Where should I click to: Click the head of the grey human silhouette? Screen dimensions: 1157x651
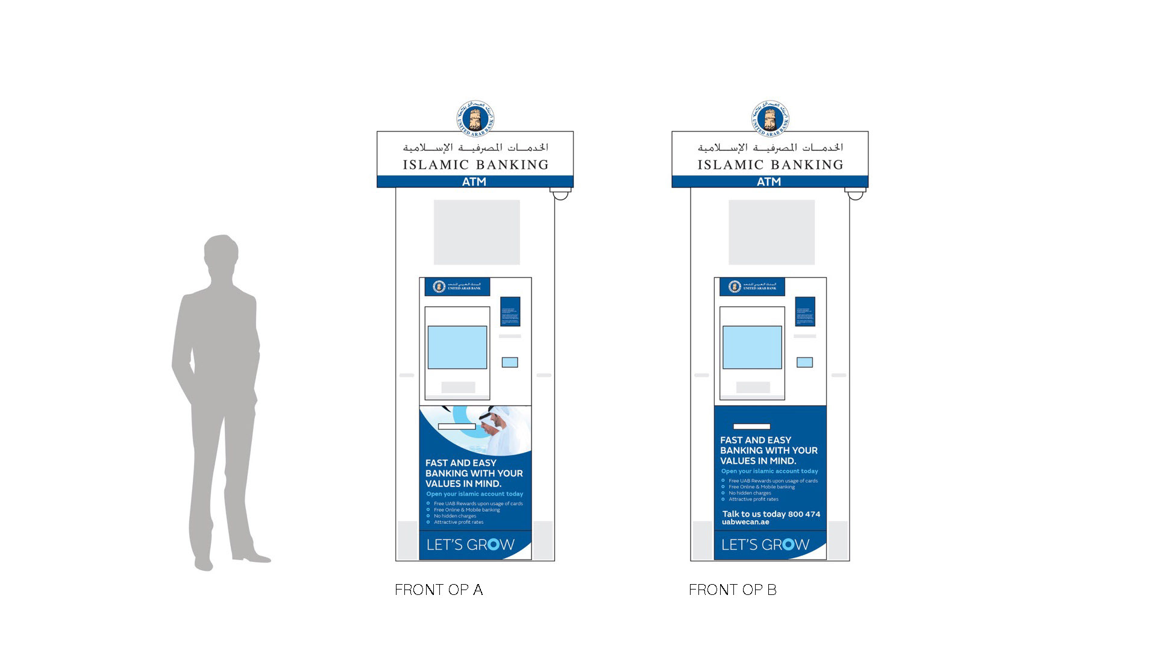(221, 253)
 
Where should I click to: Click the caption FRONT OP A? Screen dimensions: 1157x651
(439, 590)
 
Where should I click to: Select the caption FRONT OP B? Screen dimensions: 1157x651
(733, 590)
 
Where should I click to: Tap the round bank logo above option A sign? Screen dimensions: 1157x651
(475, 118)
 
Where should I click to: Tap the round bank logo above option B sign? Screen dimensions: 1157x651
(770, 118)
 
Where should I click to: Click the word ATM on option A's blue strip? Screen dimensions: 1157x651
(474, 181)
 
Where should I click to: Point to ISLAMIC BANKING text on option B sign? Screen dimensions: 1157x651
(770, 165)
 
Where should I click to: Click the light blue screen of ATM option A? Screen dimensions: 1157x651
(457, 347)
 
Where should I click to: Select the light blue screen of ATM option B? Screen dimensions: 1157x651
(752, 347)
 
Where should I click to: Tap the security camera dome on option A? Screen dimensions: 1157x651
(561, 194)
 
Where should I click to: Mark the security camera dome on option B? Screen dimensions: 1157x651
(856, 194)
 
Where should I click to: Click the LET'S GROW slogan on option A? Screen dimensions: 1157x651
(470, 545)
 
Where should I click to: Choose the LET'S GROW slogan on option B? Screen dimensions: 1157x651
(765, 545)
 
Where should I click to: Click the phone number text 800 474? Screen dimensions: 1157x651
(804, 514)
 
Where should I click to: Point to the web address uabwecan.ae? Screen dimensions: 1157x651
(745, 522)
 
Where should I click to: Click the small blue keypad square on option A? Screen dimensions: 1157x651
(510, 362)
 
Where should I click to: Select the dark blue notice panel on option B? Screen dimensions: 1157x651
(805, 312)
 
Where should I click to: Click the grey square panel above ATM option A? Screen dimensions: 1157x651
(477, 232)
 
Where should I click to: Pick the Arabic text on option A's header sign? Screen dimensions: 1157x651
(475, 147)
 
